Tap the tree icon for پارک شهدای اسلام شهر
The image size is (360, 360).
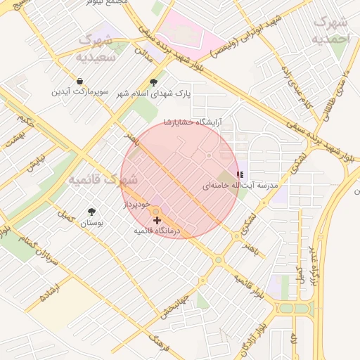pos(153,82)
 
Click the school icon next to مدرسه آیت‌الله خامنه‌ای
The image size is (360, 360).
pos(240,174)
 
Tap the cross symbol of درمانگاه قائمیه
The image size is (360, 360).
pos(157,221)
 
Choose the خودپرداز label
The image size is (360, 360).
pos(137,203)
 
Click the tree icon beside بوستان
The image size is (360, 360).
pos(91,212)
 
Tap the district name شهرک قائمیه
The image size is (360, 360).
pos(103,180)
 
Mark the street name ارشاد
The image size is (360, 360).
pos(51,291)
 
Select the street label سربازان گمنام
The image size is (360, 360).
pos(32,250)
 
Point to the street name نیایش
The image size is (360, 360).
pos(34,164)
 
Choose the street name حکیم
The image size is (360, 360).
pos(27,120)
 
